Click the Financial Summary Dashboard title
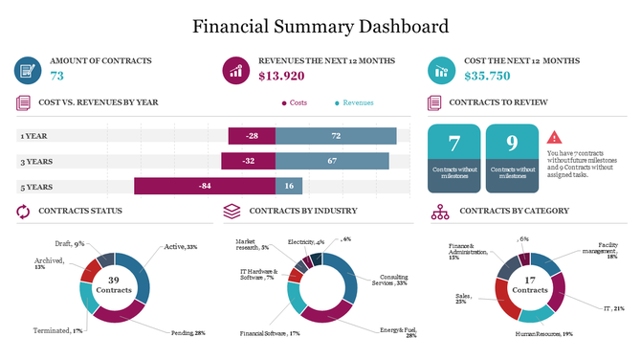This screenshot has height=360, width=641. click(x=320, y=26)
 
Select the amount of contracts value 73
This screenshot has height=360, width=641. click(x=57, y=76)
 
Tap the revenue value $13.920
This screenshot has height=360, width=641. click(x=282, y=76)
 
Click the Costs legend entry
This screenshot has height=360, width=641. click(x=295, y=102)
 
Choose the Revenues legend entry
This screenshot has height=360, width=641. click(x=354, y=102)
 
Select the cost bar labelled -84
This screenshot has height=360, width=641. click(x=204, y=186)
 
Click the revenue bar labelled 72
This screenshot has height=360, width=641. click(x=335, y=136)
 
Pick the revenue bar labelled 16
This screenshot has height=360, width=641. click(x=289, y=186)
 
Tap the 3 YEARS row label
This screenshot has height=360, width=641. click(x=35, y=161)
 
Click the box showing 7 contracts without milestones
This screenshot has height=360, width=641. click(x=453, y=157)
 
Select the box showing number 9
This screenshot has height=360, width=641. click(x=511, y=157)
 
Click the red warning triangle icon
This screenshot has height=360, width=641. click(x=555, y=138)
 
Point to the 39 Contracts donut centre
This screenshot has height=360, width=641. click(x=114, y=284)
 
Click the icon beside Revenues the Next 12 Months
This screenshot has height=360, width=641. click(x=235, y=69)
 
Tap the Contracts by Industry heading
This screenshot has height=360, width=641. click(x=302, y=211)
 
